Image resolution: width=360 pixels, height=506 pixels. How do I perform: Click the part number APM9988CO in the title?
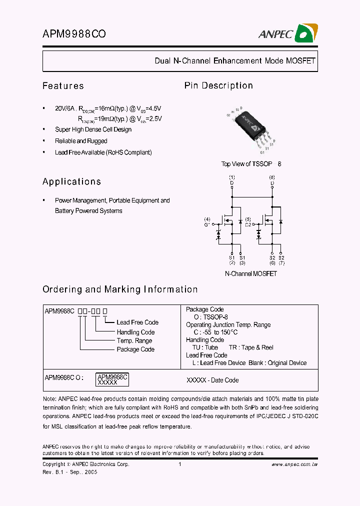coord(74,34)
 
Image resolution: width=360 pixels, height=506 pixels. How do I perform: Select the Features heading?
coord(63,86)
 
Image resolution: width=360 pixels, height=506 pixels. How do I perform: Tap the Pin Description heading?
coord(218,85)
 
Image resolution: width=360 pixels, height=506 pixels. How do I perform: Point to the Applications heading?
coord(71,181)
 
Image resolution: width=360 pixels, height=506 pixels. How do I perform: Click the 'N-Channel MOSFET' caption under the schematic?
coord(251,273)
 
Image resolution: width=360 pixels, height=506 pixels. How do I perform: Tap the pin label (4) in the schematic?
coord(207,219)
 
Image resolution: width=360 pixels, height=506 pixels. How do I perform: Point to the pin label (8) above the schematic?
coord(272,177)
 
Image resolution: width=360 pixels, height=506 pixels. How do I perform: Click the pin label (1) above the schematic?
coord(231,177)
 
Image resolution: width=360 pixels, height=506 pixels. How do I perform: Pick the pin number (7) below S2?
coord(282,262)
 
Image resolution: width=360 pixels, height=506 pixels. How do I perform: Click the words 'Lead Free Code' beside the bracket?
coord(137,322)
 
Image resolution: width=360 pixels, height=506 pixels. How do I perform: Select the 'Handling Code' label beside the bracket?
coord(135,332)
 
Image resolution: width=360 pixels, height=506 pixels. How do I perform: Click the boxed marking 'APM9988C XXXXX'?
coord(112,379)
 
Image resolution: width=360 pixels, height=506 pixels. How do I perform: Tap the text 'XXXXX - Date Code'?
coord(212,380)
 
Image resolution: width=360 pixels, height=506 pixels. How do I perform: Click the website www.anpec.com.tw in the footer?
coord(294,464)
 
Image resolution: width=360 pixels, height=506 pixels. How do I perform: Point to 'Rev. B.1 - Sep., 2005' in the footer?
coord(69,472)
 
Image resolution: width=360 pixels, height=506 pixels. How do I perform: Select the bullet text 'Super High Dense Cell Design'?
coord(93,129)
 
